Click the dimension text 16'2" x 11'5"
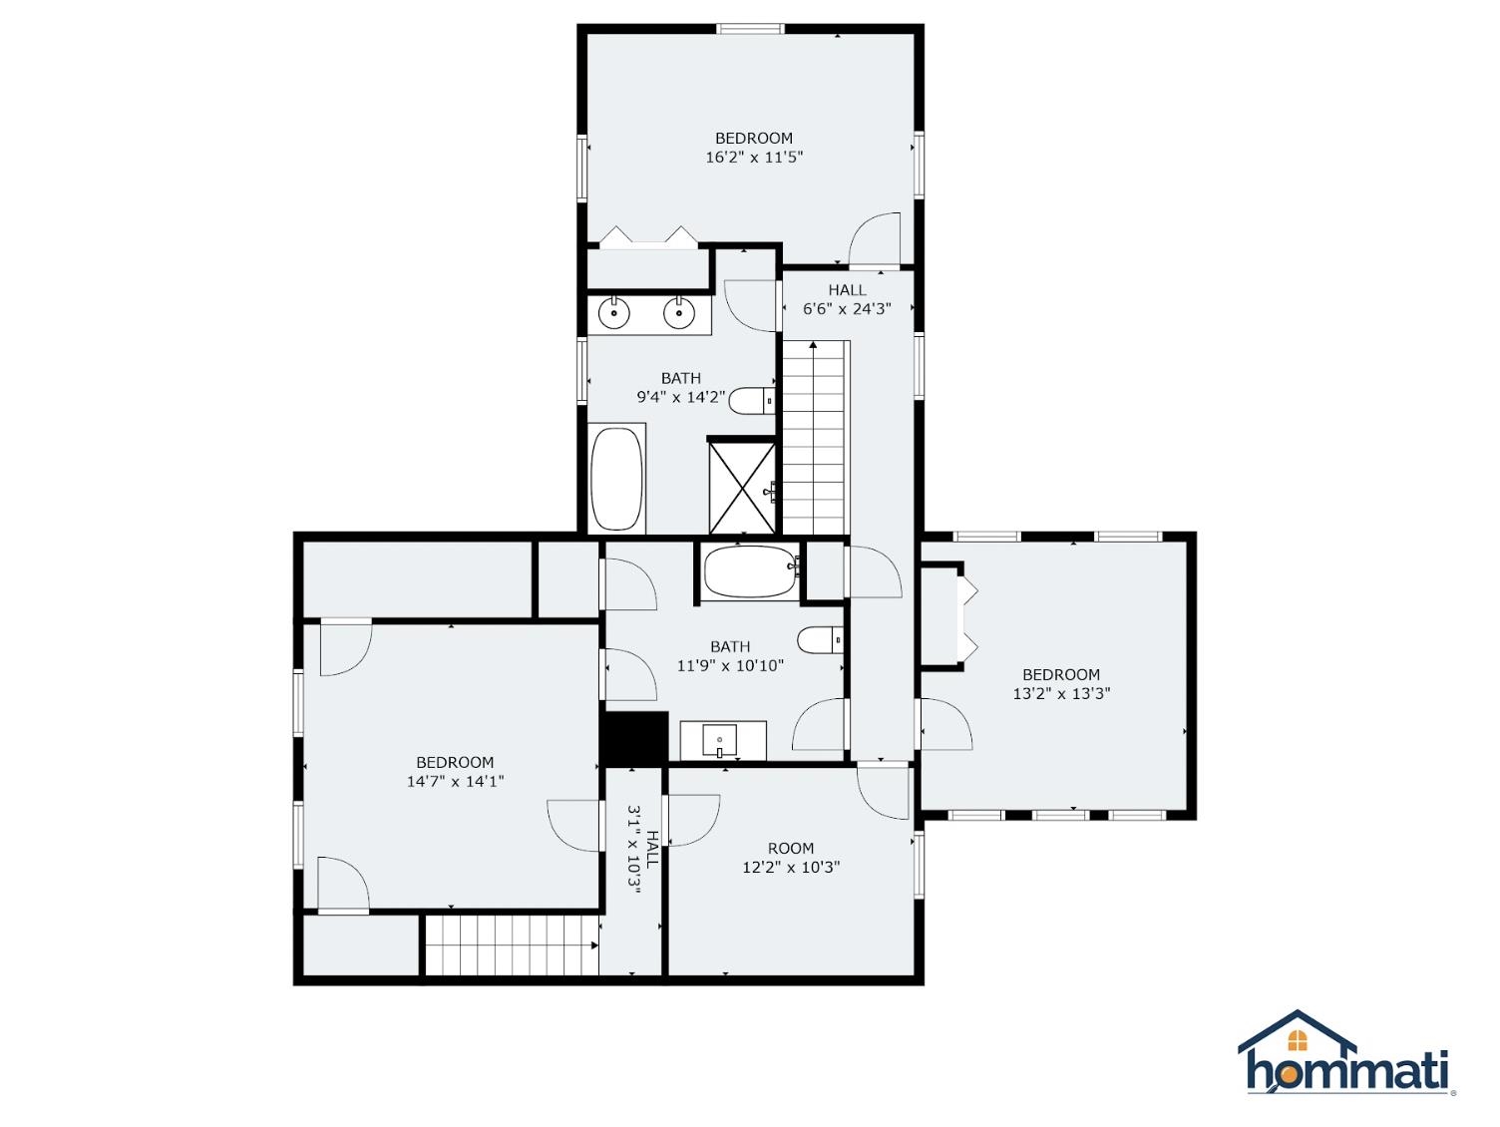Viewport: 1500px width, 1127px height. tap(754, 157)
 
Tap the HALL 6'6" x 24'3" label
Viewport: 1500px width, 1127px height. tap(847, 299)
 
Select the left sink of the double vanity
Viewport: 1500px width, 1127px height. tap(614, 313)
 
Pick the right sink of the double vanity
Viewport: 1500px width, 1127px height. tap(679, 313)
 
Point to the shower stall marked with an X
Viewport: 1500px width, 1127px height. tap(742, 488)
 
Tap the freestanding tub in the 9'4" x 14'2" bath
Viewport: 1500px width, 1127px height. tap(616, 480)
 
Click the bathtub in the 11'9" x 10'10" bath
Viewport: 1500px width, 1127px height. tap(750, 571)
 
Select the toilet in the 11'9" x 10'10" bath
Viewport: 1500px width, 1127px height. tap(821, 639)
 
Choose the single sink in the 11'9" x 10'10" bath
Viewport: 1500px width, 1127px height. tap(719, 741)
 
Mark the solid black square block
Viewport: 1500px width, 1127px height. tap(635, 738)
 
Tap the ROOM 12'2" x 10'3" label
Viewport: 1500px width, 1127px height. tap(791, 858)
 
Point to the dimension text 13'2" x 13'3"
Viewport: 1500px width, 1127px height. tap(1061, 693)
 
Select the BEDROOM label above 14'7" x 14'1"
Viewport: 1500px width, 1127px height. tap(455, 762)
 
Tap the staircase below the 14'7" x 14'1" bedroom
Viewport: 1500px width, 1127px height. tap(511, 944)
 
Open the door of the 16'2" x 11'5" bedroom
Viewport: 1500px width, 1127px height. tap(875, 241)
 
